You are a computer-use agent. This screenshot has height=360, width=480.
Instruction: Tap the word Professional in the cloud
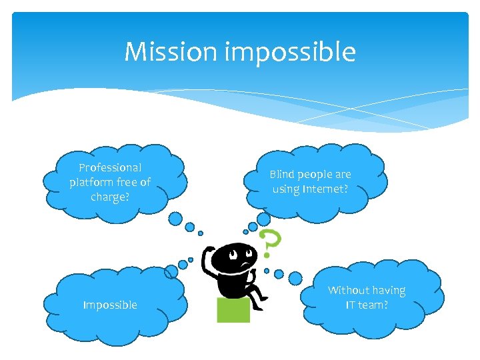coord(110,167)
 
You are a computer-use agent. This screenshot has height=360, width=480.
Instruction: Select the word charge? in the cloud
coord(110,197)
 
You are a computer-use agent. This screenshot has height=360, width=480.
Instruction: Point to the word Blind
coord(283,174)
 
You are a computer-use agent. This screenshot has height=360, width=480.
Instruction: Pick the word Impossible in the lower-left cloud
coord(110,305)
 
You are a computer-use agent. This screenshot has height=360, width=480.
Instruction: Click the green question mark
coord(268,244)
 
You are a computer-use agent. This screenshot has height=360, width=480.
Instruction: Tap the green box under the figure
coord(233,310)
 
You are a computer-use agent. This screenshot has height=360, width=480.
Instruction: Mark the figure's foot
coord(263,297)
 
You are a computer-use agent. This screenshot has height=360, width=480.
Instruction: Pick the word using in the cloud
coord(287,189)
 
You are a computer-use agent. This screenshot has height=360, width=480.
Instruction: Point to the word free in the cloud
coord(127,182)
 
